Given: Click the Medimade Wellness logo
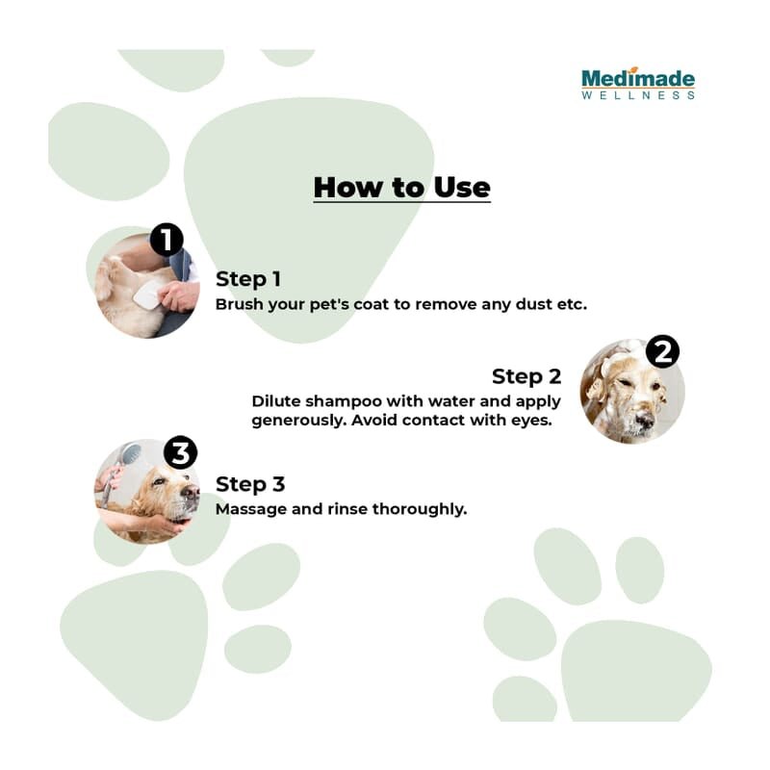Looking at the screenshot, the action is (638, 83).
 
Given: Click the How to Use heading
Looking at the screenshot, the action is (401, 188).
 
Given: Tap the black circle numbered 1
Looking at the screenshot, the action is (167, 240).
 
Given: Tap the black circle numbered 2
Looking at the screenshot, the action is (662, 351).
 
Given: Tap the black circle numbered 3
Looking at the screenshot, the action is (180, 452).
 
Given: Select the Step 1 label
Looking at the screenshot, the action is (248, 279).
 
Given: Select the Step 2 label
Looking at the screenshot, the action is (526, 376).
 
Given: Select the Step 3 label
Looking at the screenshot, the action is (250, 484).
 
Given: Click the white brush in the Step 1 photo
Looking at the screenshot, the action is (145, 294).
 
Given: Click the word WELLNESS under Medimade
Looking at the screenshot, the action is (638, 94).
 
